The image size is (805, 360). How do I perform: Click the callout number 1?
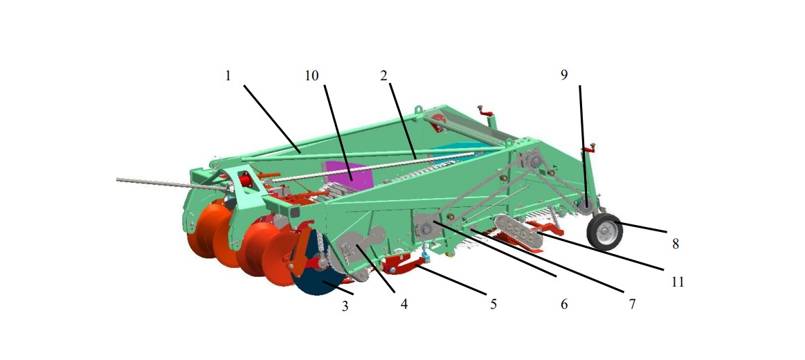pos(228,76)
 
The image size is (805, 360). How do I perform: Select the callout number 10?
pos(311,76)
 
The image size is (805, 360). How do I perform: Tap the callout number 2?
pos(383,76)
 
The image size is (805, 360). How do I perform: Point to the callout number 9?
pos(564,75)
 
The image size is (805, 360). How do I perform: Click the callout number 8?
pos(676,244)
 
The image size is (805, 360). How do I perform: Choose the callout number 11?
pos(678,282)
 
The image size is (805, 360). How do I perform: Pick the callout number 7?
pos(632,305)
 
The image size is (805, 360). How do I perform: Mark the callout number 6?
pos(564,305)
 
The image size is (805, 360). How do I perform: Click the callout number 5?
pos(494,305)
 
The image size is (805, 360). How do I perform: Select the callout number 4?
pos(404,305)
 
